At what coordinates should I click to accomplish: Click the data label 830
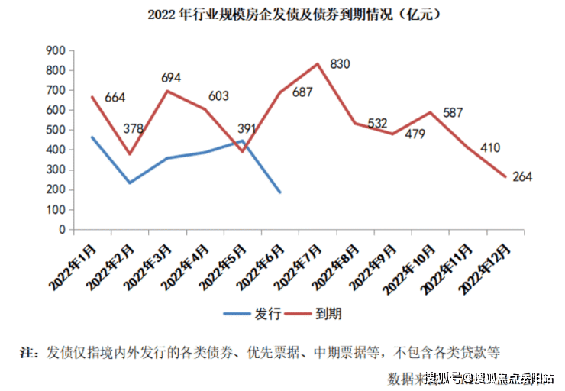click(x=340, y=64)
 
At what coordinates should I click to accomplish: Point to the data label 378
click(x=133, y=128)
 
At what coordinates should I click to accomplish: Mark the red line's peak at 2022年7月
click(x=318, y=63)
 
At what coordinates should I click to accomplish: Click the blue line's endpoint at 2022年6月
click(x=280, y=192)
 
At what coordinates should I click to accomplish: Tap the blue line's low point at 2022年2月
click(x=130, y=183)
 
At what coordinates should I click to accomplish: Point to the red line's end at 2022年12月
click(x=505, y=177)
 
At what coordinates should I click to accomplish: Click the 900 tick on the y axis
click(x=56, y=50)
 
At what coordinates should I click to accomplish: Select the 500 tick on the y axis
click(x=56, y=130)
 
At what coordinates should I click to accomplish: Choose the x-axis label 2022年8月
click(x=339, y=264)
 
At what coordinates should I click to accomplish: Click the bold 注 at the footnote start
click(x=27, y=354)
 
